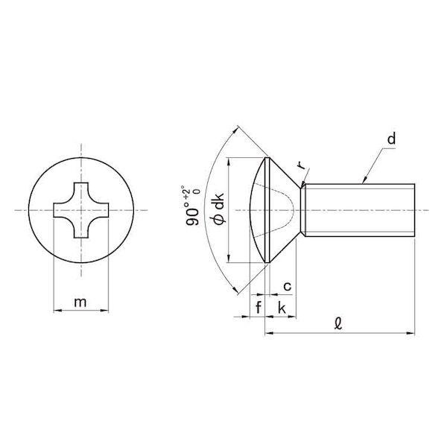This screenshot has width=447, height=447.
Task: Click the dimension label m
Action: coord(80,302)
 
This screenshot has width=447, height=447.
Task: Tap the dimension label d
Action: coord(392,139)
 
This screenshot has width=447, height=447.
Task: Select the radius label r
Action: coord(300,165)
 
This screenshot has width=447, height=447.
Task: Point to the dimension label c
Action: coord(288,286)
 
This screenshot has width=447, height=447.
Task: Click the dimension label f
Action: coord(259,308)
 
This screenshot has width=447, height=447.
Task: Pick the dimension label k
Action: coord(282,308)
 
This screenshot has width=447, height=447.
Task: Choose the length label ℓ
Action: coord(338,324)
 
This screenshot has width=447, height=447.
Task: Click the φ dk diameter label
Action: coord(219,209)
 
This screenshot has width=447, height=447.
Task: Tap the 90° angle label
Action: coord(193,212)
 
